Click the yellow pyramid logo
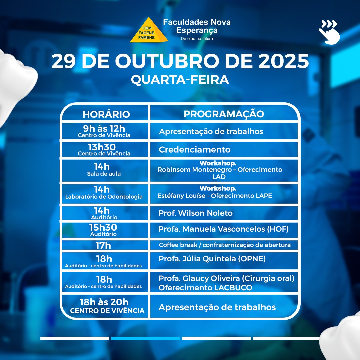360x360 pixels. pyautogui.click(x=149, y=30)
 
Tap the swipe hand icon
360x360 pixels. pyautogui.click(x=329, y=32)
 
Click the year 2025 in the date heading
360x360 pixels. pyautogui.click(x=284, y=61)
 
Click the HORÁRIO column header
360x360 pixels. pyautogui.click(x=106, y=114)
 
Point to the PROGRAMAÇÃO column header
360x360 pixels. pyautogui.click(x=224, y=114)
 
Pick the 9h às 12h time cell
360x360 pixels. pyautogui.click(x=105, y=131)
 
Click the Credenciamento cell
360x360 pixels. pyautogui.click(x=224, y=149)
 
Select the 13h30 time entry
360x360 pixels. pyautogui.click(x=102, y=147)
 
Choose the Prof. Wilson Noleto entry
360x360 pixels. pyautogui.click(x=196, y=213)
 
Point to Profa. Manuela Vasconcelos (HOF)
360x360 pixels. pyautogui.click(x=224, y=229)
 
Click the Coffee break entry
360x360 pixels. pyautogui.click(x=225, y=245)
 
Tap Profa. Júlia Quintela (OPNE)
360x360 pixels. pyautogui.click(x=212, y=259)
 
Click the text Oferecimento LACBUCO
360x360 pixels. pyautogui.click(x=205, y=288)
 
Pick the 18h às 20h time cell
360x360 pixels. pyautogui.click(x=105, y=306)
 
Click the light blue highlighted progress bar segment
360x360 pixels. pyautogui.click(x=146, y=338)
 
